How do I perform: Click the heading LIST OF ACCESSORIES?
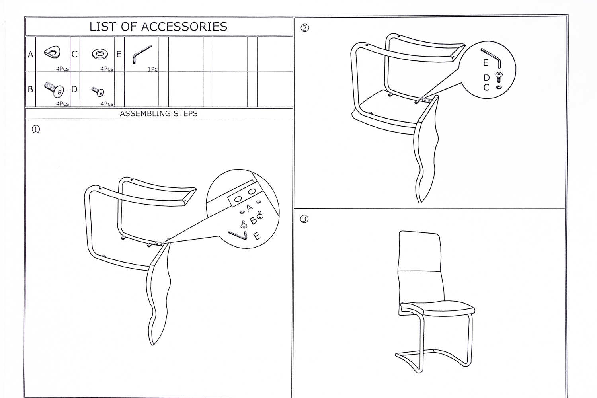tap(158, 27)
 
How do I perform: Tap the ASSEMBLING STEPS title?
tap(158, 113)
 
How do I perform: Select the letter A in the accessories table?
tap(30, 55)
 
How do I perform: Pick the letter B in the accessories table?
tap(30, 89)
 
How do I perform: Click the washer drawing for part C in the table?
tap(100, 54)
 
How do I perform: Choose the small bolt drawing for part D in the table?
tap(98, 92)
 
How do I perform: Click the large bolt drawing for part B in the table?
tap(54, 90)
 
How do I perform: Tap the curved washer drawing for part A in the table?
tap(53, 52)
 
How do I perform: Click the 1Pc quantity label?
tap(153, 69)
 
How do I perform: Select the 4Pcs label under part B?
tap(62, 104)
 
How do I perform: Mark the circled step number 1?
tap(36, 130)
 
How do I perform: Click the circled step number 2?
tap(304, 28)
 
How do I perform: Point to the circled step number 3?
tap(304, 219)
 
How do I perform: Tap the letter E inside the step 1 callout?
tap(256, 236)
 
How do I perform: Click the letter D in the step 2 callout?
tap(487, 78)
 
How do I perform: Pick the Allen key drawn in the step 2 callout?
tap(492, 57)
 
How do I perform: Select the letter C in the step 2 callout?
tap(486, 88)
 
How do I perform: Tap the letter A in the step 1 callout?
tap(250, 208)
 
